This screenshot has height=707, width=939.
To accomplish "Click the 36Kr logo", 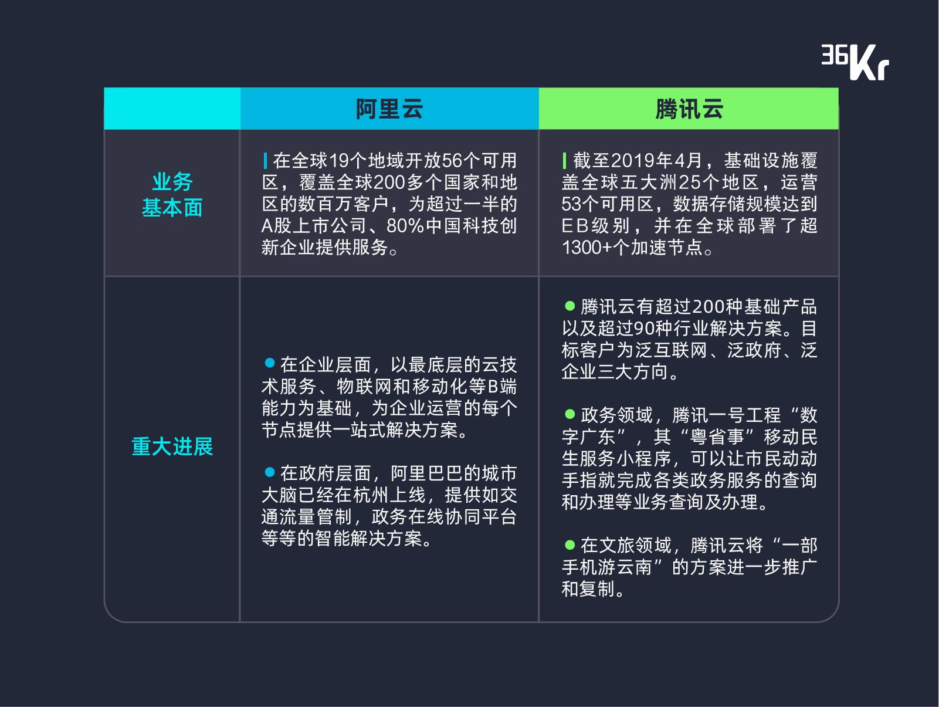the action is tap(855, 62).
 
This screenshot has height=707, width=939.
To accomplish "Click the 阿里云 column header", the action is tap(389, 109).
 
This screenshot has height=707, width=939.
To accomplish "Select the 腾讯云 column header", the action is tap(689, 109).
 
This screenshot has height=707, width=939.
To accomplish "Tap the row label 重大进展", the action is tap(172, 446).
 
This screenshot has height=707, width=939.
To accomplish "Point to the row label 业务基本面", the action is tap(172, 195).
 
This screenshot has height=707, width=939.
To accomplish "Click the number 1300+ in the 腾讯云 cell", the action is tap(587, 248).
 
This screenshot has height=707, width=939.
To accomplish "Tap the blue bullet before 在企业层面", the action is tap(270, 363).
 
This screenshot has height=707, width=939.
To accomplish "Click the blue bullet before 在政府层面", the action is tap(270, 472).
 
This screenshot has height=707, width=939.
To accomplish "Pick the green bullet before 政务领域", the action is tap(570, 414).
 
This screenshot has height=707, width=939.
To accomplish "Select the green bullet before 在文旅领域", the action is tap(570, 544).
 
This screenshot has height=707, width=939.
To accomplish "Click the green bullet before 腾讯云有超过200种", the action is tap(570, 305).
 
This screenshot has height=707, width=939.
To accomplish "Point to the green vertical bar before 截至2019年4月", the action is tap(565, 161).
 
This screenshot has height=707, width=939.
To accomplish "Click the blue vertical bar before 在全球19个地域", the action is tap(265, 161).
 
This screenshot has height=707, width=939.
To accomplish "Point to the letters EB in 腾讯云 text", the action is tap(575, 226).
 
